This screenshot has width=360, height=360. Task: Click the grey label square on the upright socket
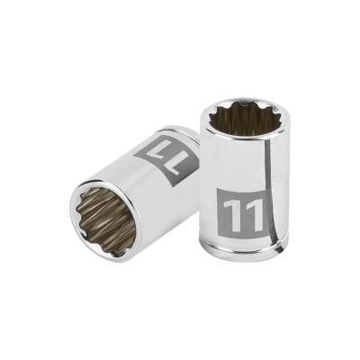click(242, 214)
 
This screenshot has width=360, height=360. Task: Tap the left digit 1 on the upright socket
click(233, 215)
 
